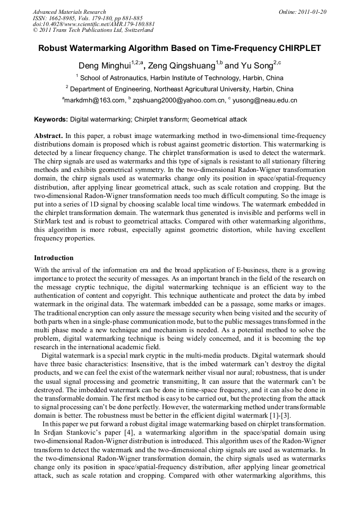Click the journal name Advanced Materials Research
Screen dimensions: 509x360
click(69, 12)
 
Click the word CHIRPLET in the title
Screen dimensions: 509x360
click(299, 48)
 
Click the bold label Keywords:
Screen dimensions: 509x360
click(51, 120)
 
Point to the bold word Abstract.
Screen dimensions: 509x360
click(49, 136)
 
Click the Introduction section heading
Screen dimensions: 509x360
click(54, 258)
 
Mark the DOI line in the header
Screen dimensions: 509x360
click(93, 24)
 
